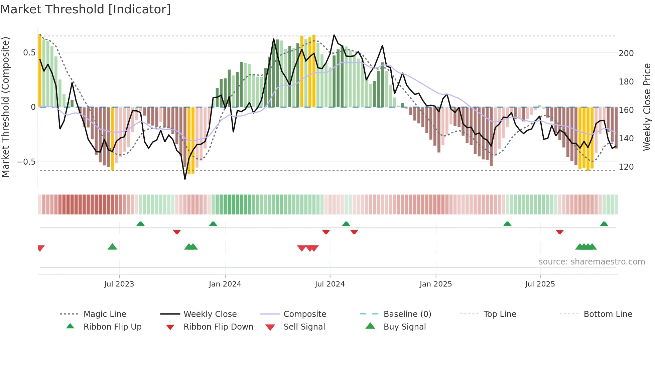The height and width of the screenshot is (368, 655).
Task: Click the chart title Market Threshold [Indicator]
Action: tap(86, 9)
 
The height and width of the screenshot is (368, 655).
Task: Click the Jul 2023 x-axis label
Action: tap(119, 284)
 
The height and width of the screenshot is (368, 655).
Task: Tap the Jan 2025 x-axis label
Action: tap(435, 284)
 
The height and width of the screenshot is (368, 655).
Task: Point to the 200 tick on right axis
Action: tap(626, 53)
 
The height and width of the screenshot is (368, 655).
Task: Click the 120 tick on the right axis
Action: tap(626, 167)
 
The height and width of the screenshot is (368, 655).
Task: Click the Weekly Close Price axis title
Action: tap(647, 107)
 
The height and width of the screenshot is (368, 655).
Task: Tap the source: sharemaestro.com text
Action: tap(592, 262)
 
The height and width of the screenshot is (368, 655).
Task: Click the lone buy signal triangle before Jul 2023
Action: tap(112, 247)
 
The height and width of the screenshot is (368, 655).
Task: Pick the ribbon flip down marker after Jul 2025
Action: tap(560, 232)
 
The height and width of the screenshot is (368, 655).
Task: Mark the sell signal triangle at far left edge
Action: tap(41, 248)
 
